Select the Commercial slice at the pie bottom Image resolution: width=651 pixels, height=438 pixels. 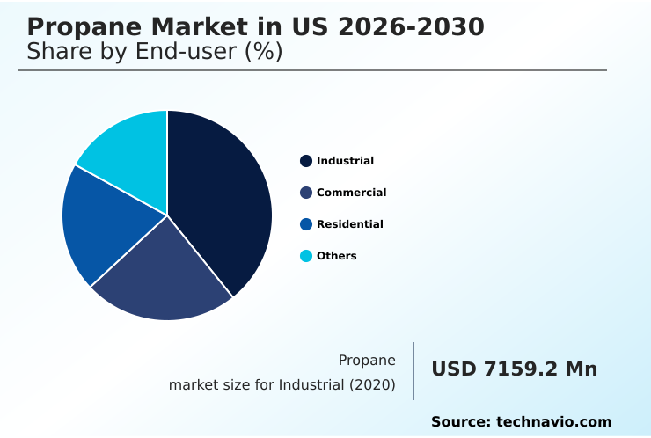(163, 277)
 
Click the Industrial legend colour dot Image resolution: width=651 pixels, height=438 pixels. (306, 161)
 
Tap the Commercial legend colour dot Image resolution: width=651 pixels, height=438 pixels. (306, 193)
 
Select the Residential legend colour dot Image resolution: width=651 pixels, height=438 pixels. (306, 224)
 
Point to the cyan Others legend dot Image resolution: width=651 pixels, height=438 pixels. (306, 256)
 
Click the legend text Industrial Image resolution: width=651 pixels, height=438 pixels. (345, 161)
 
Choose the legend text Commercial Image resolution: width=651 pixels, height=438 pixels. (351, 193)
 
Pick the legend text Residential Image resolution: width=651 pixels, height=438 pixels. (349, 224)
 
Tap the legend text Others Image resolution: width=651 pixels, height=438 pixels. (336, 256)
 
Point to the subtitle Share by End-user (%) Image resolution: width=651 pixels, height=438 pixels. (154, 52)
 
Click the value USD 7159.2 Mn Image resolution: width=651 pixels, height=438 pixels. (514, 369)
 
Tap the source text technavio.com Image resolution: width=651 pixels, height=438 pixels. (553, 422)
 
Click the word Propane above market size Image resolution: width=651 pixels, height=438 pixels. (367, 360)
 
